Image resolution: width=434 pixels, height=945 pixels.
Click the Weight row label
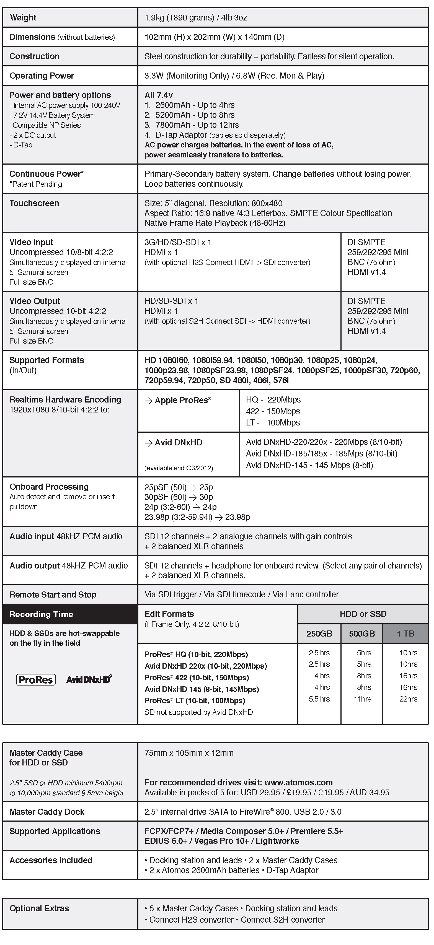pyautogui.click(x=23, y=18)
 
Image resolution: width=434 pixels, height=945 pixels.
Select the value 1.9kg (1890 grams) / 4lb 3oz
pyautogui.click(x=196, y=18)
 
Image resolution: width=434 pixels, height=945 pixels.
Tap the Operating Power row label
pyautogui.click(x=42, y=76)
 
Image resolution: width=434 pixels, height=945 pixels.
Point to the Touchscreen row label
pyautogui.click(x=34, y=203)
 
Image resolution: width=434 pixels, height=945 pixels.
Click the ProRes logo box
pyautogui.click(x=36, y=680)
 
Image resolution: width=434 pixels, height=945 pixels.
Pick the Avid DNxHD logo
pyautogui.click(x=89, y=679)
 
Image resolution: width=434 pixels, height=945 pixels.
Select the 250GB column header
pyautogui.click(x=319, y=634)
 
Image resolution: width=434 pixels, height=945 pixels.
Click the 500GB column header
pyautogui.click(x=362, y=634)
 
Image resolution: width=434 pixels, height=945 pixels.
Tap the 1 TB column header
pyautogui.click(x=405, y=634)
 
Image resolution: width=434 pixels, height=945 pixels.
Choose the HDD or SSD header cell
pyautogui.click(x=363, y=614)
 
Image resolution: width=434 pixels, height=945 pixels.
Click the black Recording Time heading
pyautogui.click(x=42, y=614)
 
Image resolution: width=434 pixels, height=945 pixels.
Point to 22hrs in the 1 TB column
pyautogui.click(x=408, y=699)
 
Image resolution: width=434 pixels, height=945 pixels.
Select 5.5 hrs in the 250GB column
pyautogui.click(x=319, y=699)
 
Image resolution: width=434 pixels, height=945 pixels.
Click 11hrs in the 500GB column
pyautogui.click(x=362, y=699)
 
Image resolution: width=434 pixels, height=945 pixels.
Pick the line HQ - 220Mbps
pyautogui.click(x=273, y=399)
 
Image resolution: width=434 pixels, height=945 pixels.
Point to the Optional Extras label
pyautogui.click(x=39, y=908)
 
